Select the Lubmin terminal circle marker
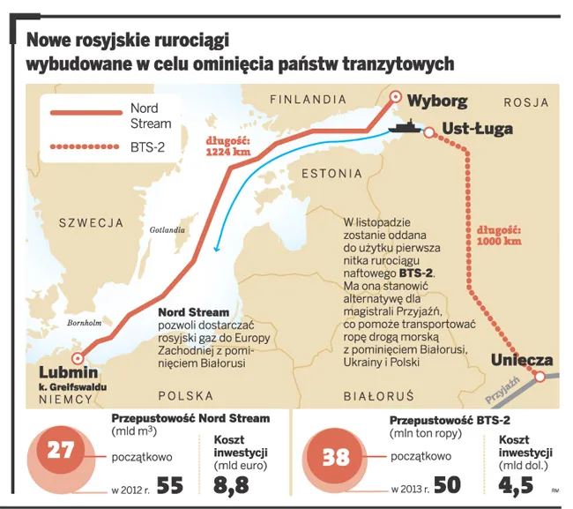[78, 358]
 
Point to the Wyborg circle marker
[395, 99]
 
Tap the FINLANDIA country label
[309, 98]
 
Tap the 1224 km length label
[227, 146]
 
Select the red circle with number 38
[337, 457]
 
